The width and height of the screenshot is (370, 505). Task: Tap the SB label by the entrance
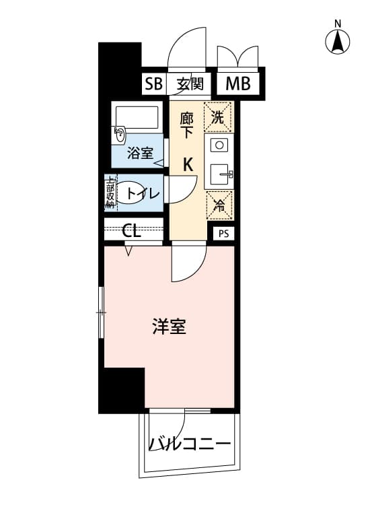coord(153,84)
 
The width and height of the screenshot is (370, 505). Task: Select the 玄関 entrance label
coord(190,84)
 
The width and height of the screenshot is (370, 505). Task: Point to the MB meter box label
coord(237,83)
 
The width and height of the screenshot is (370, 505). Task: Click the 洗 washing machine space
coord(218,116)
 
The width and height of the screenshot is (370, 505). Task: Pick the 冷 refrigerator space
coord(219,205)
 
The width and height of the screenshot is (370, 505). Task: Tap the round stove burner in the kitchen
coord(219,145)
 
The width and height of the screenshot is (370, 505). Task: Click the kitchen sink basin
coord(219,174)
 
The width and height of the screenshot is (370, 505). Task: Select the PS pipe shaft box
coord(223,234)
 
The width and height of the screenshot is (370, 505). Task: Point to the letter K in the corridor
coord(188,164)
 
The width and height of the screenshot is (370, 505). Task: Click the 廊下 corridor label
coord(186,126)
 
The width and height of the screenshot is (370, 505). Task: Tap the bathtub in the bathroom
coord(137,117)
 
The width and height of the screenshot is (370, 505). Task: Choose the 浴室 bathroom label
coord(140,153)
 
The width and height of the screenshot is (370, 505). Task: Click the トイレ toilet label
coord(143,193)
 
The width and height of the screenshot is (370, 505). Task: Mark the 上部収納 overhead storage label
coord(111,193)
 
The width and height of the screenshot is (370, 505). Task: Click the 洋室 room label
coord(170,326)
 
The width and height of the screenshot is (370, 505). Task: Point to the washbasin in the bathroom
coord(119,135)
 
